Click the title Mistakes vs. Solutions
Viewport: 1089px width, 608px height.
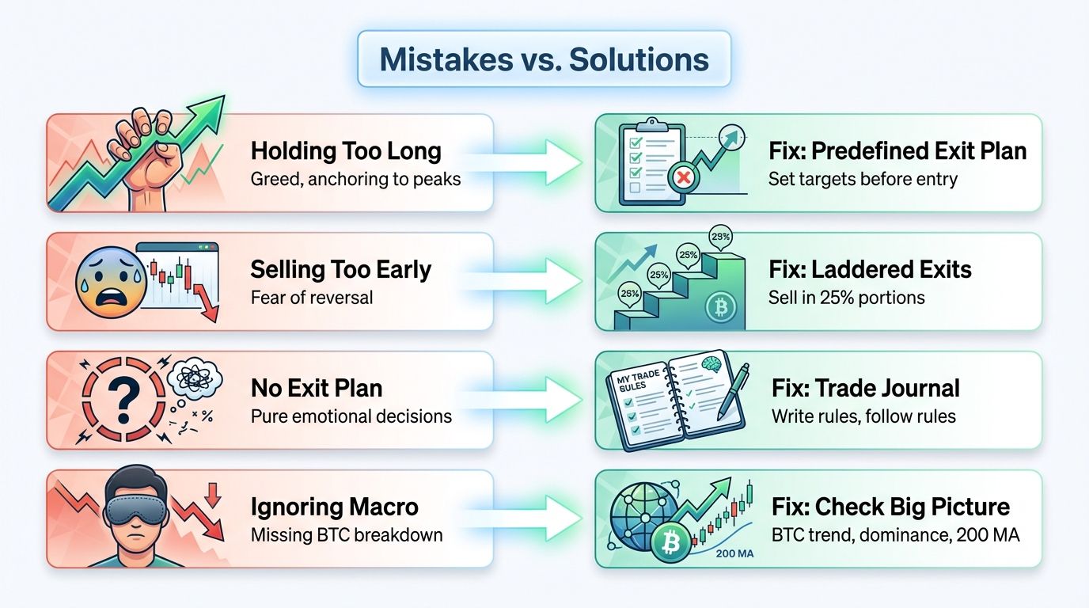pyautogui.click(x=544, y=59)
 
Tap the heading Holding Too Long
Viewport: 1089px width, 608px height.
pyautogui.click(x=346, y=151)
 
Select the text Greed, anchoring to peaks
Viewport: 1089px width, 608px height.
pyautogui.click(x=355, y=179)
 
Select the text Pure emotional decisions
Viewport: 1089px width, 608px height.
pyautogui.click(x=351, y=416)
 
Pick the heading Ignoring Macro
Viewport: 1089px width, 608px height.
pyautogui.click(x=335, y=507)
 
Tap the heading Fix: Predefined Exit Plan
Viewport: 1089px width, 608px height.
pyautogui.click(x=897, y=151)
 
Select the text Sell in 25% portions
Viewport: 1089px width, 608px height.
pyautogui.click(x=846, y=298)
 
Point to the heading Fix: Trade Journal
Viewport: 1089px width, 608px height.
pyautogui.click(x=866, y=389)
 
